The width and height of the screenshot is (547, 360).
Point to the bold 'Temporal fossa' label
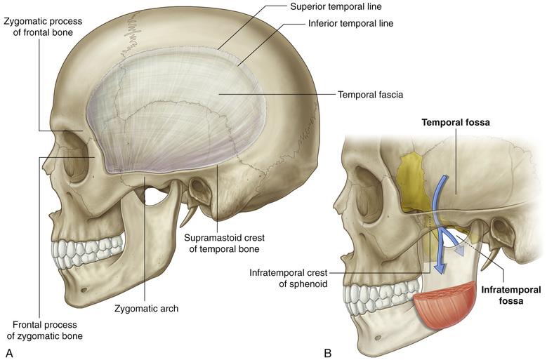pos(454,122)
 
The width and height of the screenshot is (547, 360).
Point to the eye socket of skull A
pos(77,164)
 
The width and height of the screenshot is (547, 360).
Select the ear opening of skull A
pos(199,188)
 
